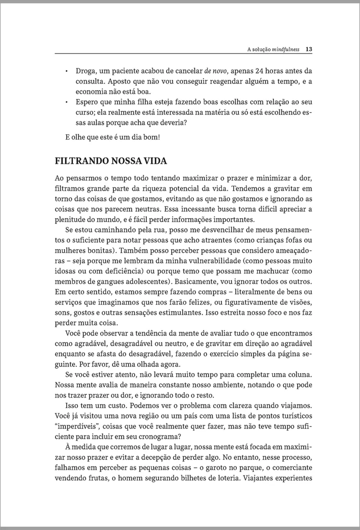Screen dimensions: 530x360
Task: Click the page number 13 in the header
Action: click(309, 49)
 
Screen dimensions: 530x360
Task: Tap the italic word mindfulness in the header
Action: click(285, 49)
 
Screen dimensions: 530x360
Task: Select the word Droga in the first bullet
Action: click(86, 71)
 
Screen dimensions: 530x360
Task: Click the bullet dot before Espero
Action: click(66, 102)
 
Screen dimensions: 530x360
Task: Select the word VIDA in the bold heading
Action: click(155, 161)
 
